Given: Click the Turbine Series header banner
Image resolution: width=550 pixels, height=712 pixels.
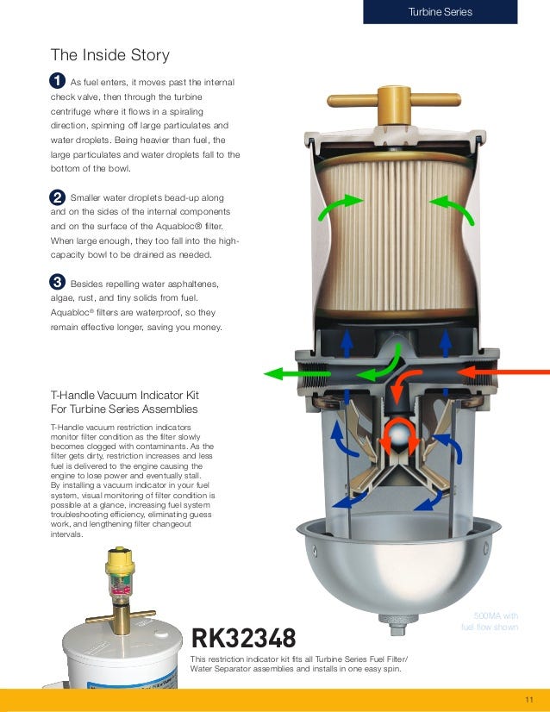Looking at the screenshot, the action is coord(441,12).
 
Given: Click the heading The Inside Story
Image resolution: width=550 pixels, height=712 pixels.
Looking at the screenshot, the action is coord(110,55).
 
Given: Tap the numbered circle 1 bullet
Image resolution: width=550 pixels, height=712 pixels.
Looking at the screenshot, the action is coord(57,81).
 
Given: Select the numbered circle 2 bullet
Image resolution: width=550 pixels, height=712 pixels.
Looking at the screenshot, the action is coord(57,197).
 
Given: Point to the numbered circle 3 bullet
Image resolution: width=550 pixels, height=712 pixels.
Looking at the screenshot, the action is coord(57,282).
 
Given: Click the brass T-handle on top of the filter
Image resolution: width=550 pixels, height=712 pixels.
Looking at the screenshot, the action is coord(394,103).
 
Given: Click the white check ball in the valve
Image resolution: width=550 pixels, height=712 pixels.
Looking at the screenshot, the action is coord(399,435).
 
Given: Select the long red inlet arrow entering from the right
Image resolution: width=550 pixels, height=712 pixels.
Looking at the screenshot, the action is coord(503,372).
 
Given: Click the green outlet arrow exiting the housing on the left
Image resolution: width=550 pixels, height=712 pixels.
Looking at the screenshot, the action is coord(297,374).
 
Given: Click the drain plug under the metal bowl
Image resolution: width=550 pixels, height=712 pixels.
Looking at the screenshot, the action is coord(398,625).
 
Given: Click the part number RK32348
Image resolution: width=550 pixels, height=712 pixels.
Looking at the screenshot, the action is coord(243,638).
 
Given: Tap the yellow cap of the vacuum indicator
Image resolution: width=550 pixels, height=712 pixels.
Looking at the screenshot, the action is coord(120,562).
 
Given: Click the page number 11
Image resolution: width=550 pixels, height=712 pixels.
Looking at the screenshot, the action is coord(529,700).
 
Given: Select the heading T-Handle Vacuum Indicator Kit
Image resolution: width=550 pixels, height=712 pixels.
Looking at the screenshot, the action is coord(125,395).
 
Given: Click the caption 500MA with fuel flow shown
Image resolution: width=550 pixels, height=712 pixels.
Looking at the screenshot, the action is coord(490,621).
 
